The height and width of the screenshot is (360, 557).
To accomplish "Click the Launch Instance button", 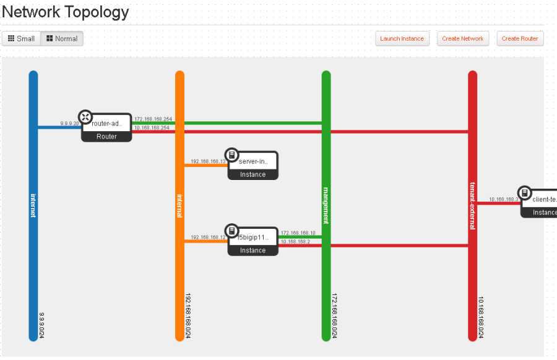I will [x=402, y=38].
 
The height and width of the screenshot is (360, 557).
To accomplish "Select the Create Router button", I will [x=520, y=38].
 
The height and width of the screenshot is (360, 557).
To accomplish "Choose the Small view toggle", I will [x=21, y=38].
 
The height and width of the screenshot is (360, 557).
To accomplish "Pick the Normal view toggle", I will [x=62, y=38].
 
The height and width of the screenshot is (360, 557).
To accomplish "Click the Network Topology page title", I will [x=66, y=12].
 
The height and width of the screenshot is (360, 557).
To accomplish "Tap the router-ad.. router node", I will [x=107, y=128].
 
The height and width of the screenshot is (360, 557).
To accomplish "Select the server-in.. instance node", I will [x=253, y=166].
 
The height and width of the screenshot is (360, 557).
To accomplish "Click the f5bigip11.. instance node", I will [x=253, y=242].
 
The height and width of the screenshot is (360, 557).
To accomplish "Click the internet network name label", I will [x=33, y=205].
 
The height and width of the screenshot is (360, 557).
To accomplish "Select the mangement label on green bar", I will [x=326, y=205].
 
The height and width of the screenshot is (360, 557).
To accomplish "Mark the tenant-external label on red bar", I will [x=472, y=206].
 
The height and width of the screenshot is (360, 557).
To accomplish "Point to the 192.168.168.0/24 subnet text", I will [x=188, y=315].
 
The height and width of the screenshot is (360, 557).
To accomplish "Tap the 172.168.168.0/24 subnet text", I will [x=335, y=315].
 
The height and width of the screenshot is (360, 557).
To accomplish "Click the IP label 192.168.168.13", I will [x=209, y=161].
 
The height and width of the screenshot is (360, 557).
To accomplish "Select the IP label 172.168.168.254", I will [x=153, y=118].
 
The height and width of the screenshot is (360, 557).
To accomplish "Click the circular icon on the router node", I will [x=85, y=117].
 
